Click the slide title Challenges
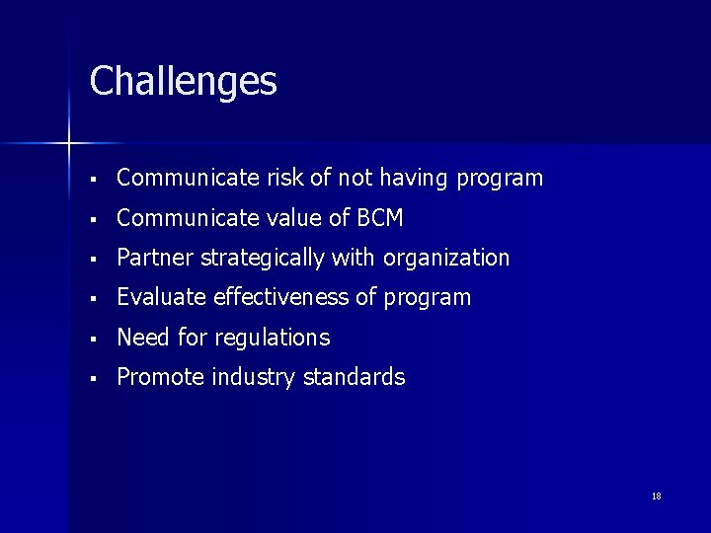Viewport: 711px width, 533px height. (183, 82)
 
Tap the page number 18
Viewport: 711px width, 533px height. (656, 495)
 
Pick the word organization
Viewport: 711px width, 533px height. (446, 259)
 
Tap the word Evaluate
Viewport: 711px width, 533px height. (161, 298)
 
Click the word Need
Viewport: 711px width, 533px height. (142, 338)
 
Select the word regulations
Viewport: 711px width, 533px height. (270, 339)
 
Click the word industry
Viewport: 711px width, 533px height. (253, 377)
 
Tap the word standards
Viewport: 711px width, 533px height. (355, 377)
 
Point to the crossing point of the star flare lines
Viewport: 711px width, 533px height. (69, 144)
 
